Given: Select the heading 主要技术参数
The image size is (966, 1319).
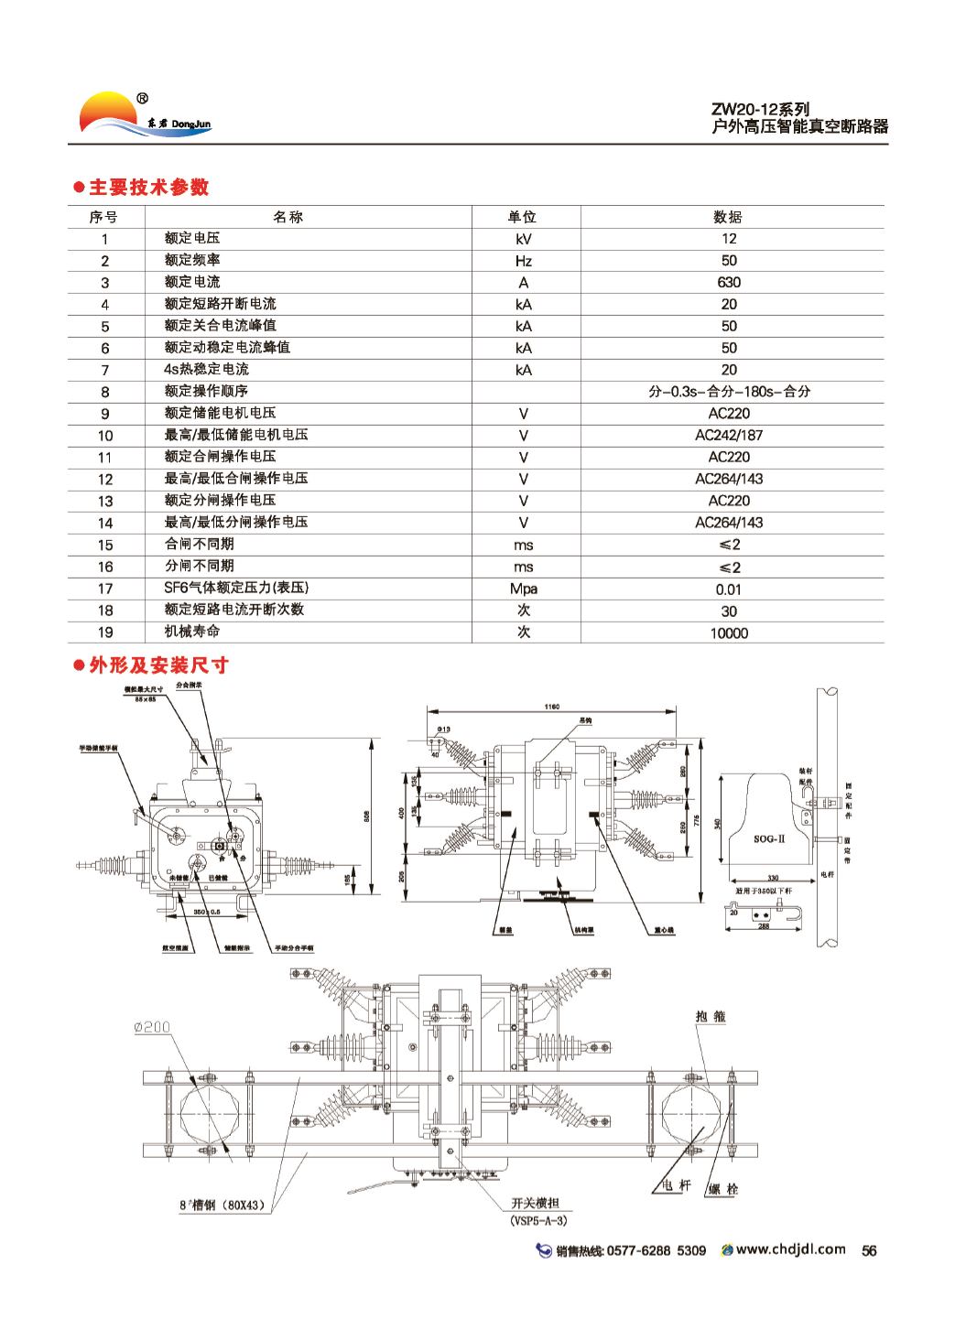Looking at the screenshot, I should [147, 188].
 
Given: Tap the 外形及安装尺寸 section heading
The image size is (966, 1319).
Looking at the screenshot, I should [157, 665].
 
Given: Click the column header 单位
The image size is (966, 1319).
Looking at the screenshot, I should [522, 217].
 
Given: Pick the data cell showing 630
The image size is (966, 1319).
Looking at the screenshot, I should [729, 282].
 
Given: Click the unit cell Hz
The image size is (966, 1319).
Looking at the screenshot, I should [524, 260].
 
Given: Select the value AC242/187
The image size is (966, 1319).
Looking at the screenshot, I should [729, 435].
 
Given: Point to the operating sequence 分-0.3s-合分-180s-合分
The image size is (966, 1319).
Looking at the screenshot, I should [729, 391].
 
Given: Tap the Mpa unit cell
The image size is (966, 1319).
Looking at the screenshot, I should [524, 589].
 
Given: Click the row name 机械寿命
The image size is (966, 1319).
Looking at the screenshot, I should [192, 632].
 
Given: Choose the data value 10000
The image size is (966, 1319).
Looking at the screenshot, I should [729, 632].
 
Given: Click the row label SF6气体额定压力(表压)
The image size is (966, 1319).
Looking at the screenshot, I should [231, 588].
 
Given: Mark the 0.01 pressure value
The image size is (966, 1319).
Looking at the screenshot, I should [729, 589].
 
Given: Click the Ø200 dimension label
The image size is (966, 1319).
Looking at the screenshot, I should [153, 1026].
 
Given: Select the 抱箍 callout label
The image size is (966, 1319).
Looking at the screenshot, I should [711, 1016].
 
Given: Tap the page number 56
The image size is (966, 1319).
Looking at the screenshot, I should [869, 1250].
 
